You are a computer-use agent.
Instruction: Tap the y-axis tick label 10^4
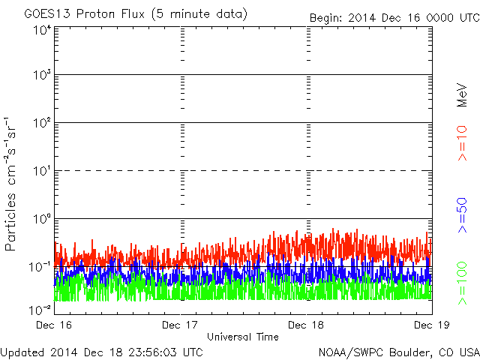point(42,30)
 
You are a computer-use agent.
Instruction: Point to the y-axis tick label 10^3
point(42,76)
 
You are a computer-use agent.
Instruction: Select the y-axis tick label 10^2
point(42,123)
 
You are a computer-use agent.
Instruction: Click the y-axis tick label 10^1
point(42,171)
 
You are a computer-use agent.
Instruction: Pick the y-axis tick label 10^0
point(42,218)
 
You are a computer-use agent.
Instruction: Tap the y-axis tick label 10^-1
point(40,266)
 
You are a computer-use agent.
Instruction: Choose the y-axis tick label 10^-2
point(40,309)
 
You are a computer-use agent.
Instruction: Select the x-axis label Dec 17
point(181,325)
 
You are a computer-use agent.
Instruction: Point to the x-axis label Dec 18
point(307,325)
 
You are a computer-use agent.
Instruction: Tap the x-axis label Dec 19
point(431,325)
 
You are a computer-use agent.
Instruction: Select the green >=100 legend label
point(463,282)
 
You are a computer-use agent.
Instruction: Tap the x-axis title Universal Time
point(243,337)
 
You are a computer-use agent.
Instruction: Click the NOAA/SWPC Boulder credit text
point(398,352)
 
